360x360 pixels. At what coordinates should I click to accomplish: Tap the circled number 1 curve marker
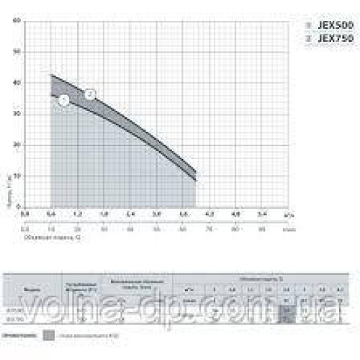63,100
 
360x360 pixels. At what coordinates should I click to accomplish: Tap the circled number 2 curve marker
90,94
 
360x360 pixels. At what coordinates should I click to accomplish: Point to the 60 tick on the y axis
17,20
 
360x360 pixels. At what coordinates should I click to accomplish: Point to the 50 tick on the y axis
17,51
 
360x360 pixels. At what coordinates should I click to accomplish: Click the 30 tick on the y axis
17,114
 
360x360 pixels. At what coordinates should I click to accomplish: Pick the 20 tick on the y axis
17,145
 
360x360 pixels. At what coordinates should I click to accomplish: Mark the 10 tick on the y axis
17,176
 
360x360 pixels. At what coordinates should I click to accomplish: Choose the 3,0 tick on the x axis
156,214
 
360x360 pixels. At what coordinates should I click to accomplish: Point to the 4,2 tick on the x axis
210,214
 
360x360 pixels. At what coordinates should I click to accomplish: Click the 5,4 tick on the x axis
262,214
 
